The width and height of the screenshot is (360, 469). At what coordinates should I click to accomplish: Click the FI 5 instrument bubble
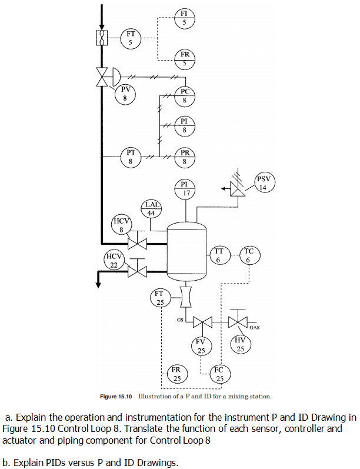point(184,16)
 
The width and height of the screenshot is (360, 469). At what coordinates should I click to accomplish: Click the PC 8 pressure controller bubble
point(184,95)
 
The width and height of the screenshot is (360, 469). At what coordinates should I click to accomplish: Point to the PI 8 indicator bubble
point(184,125)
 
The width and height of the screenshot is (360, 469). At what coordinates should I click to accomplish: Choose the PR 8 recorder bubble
point(184,156)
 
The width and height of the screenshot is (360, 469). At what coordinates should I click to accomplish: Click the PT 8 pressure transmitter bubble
point(130,156)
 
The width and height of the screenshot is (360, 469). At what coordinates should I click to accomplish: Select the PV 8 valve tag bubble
point(125,92)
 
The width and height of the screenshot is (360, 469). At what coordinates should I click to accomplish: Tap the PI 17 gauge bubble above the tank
point(185,189)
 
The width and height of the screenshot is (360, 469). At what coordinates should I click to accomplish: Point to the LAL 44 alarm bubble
point(150,209)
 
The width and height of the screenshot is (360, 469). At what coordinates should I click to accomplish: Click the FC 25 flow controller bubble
point(219,374)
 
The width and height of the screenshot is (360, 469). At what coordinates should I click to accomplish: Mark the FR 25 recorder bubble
point(176,374)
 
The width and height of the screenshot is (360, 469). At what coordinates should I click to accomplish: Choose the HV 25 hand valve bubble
point(239,344)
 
